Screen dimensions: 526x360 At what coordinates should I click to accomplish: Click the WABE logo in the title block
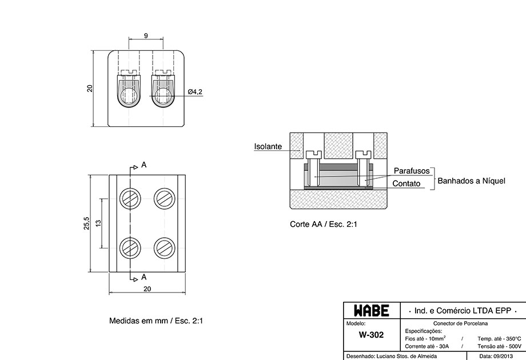point(372,311)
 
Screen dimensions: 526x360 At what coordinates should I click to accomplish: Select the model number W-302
point(371,335)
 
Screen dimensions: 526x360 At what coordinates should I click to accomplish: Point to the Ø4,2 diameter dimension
point(195,91)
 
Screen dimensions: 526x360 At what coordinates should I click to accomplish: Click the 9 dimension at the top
point(146,35)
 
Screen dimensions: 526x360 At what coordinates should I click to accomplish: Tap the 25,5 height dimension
point(86,223)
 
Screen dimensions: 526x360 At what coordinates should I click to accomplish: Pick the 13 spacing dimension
point(98,223)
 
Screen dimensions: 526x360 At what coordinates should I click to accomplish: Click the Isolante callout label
point(268,146)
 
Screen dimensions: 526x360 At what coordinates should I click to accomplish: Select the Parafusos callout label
point(412,171)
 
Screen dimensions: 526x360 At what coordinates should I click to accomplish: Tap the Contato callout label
point(407,183)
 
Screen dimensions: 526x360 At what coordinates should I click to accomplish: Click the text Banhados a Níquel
point(471,181)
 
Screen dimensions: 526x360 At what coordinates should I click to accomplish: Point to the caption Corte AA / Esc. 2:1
point(324,224)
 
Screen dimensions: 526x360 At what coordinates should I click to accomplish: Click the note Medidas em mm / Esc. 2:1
point(156,321)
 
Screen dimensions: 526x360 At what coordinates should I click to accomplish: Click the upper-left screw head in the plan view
point(130,198)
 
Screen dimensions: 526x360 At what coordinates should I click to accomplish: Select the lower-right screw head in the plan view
point(165,248)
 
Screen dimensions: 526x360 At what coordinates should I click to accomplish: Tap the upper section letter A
point(144,165)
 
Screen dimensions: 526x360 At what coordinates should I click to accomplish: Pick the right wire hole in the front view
point(162,95)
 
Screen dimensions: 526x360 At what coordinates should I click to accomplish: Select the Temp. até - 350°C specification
point(499,339)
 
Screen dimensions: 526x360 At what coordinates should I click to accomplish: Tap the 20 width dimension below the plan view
point(148,289)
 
